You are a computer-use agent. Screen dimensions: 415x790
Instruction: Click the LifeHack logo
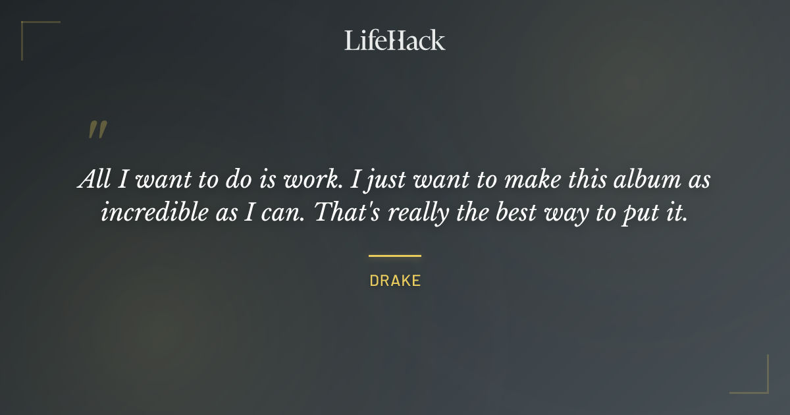pyautogui.click(x=394, y=40)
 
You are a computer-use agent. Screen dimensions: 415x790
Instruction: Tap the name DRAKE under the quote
pyautogui.click(x=395, y=281)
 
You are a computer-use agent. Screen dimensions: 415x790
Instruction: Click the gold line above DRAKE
pyautogui.click(x=395, y=256)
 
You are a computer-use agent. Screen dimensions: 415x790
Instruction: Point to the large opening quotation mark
pyautogui.click(x=97, y=130)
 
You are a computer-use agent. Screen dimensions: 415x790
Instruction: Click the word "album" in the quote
pyautogui.click(x=633, y=180)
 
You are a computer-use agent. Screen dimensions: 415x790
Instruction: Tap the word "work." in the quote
pyautogui.click(x=317, y=180)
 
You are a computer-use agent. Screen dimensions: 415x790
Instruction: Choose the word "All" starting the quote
pyautogui.click(x=93, y=180)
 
